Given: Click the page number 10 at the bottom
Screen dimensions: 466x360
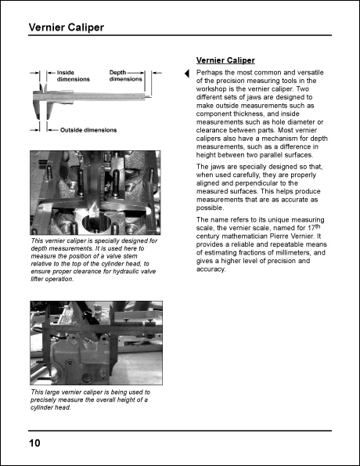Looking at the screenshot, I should tap(35, 443).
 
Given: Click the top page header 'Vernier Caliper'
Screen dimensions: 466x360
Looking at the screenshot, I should tap(66, 28).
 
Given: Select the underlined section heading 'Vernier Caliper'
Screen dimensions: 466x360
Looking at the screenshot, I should tap(225, 60).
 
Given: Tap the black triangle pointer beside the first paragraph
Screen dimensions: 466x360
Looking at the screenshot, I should tap(186, 74).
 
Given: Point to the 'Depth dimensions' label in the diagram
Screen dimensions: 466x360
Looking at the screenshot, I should tap(125, 76).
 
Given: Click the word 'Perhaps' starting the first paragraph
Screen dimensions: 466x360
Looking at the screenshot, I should tap(209, 72).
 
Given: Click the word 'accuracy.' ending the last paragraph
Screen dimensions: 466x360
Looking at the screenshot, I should tap(211, 270).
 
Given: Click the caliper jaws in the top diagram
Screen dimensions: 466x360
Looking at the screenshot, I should tap(42, 100).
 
